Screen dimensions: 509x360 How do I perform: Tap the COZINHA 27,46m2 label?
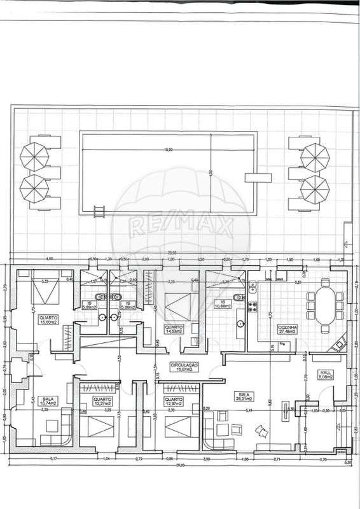click(287, 330)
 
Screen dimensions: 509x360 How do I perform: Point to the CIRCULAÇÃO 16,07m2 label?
click(185, 366)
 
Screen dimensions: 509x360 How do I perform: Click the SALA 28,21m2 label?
click(242, 397)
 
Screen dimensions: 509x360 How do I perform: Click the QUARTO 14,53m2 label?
click(174, 330)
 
